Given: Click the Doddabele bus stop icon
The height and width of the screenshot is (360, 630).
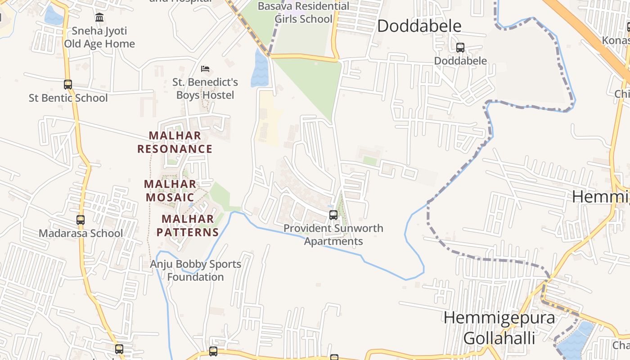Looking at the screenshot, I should (460, 47).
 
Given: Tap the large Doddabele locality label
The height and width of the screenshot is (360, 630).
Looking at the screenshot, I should (419, 26).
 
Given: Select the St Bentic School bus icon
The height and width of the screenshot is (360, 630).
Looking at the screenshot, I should (68, 84).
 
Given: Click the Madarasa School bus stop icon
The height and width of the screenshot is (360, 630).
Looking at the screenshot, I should (81, 220).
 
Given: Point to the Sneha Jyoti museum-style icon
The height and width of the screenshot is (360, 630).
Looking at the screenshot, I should (99, 18).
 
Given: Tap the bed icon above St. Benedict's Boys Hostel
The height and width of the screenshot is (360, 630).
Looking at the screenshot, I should (205, 69).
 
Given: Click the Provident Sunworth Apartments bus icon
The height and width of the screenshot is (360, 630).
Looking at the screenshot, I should (333, 215).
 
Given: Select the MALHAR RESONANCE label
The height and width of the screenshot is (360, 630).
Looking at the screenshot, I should (175, 142).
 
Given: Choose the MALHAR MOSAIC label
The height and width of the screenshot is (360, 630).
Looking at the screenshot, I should (170, 191).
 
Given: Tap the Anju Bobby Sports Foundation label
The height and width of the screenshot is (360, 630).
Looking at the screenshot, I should (195, 270).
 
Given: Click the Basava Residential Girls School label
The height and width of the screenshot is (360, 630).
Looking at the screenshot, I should (303, 13).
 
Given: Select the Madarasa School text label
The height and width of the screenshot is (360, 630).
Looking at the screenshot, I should (81, 233).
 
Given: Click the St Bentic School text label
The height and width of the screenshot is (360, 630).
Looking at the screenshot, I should (68, 98).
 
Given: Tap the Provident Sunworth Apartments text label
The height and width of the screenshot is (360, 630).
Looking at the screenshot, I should (333, 234).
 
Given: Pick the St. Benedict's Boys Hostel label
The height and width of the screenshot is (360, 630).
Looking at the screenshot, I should (205, 89).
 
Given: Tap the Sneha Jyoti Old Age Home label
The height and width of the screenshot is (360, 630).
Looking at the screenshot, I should (99, 37).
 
